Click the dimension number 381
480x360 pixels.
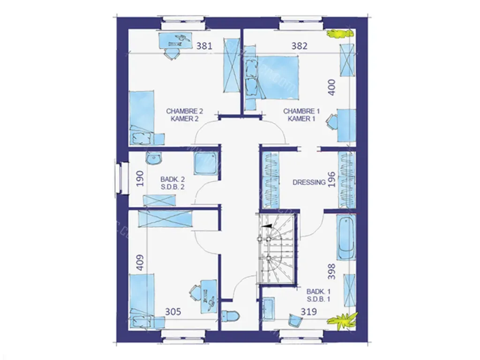click(x=204, y=46)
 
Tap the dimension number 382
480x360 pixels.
click(x=299, y=46)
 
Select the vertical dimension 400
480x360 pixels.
click(x=331, y=87)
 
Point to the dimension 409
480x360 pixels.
click(x=140, y=262)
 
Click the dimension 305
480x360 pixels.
click(x=173, y=312)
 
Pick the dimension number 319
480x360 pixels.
click(x=308, y=312)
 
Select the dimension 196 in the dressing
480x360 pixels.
click(x=331, y=179)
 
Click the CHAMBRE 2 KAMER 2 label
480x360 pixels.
click(x=185, y=115)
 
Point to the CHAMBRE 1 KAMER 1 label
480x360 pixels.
click(x=301, y=115)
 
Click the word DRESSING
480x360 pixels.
click(x=309, y=182)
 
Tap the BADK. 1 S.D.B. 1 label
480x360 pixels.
click(x=318, y=295)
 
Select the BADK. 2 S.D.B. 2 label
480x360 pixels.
click(x=172, y=183)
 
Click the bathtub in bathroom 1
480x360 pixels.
click(x=346, y=237)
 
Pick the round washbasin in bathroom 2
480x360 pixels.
click(x=154, y=158)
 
